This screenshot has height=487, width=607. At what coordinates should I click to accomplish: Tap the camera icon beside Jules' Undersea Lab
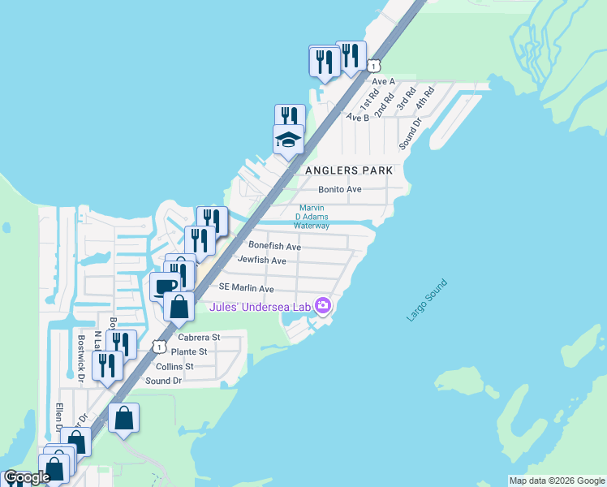[323, 305]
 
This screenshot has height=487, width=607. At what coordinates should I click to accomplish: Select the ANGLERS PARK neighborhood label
[349, 170]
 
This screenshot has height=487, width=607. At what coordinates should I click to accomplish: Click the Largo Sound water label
[427, 300]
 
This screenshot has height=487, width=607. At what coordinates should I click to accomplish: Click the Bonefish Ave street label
[275, 246]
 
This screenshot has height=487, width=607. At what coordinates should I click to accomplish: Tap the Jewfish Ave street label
[262, 261]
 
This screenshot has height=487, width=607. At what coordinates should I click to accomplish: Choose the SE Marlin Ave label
[246, 288]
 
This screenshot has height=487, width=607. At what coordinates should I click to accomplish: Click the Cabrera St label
[199, 337]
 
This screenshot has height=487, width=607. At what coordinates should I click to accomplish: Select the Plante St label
[189, 351]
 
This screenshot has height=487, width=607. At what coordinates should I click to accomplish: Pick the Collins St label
[178, 366]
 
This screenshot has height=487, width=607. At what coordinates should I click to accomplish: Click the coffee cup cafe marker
[166, 286]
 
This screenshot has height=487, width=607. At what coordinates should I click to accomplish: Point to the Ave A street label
[383, 81]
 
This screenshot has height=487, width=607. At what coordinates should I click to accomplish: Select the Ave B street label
[358, 117]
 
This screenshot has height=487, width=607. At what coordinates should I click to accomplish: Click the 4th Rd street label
[425, 100]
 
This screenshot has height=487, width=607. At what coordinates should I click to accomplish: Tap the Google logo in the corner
[27, 477]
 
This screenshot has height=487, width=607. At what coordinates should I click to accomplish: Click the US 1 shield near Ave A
[372, 63]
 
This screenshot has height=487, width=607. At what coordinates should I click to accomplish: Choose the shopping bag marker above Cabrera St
[179, 307]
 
